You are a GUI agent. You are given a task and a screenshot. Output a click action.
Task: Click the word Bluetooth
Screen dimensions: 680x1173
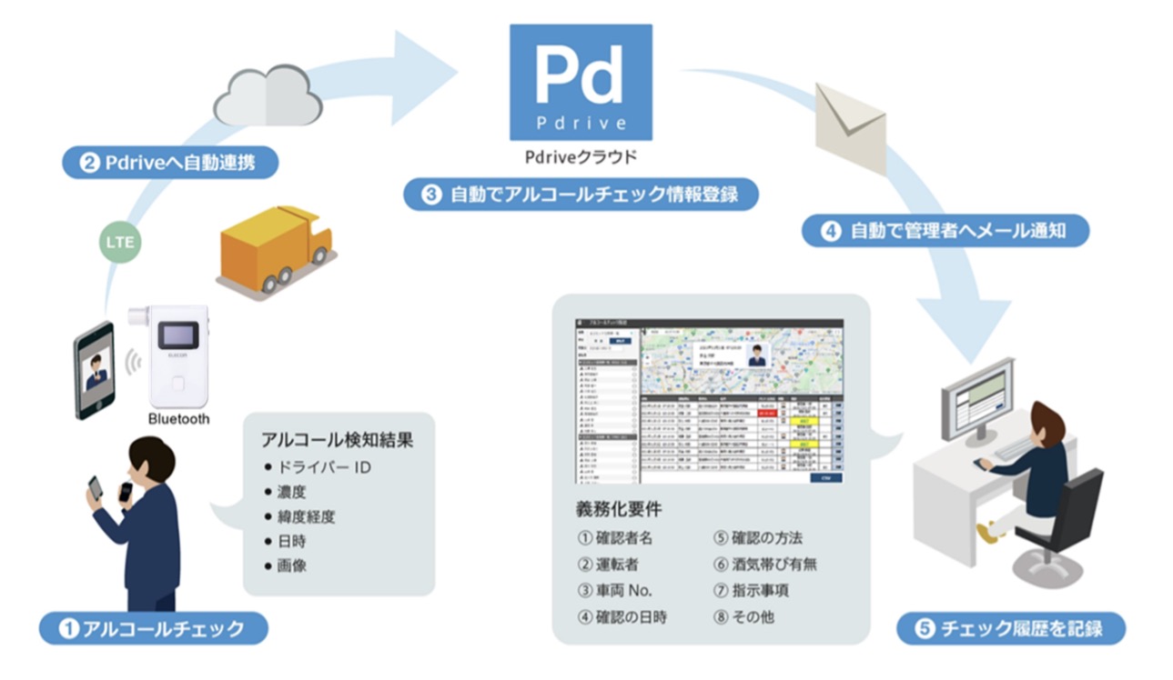tap(178, 419)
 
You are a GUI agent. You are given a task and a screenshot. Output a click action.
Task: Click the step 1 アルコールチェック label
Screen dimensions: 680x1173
tap(153, 628)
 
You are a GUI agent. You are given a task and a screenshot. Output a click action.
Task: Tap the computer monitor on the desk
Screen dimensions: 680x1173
tap(976, 400)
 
